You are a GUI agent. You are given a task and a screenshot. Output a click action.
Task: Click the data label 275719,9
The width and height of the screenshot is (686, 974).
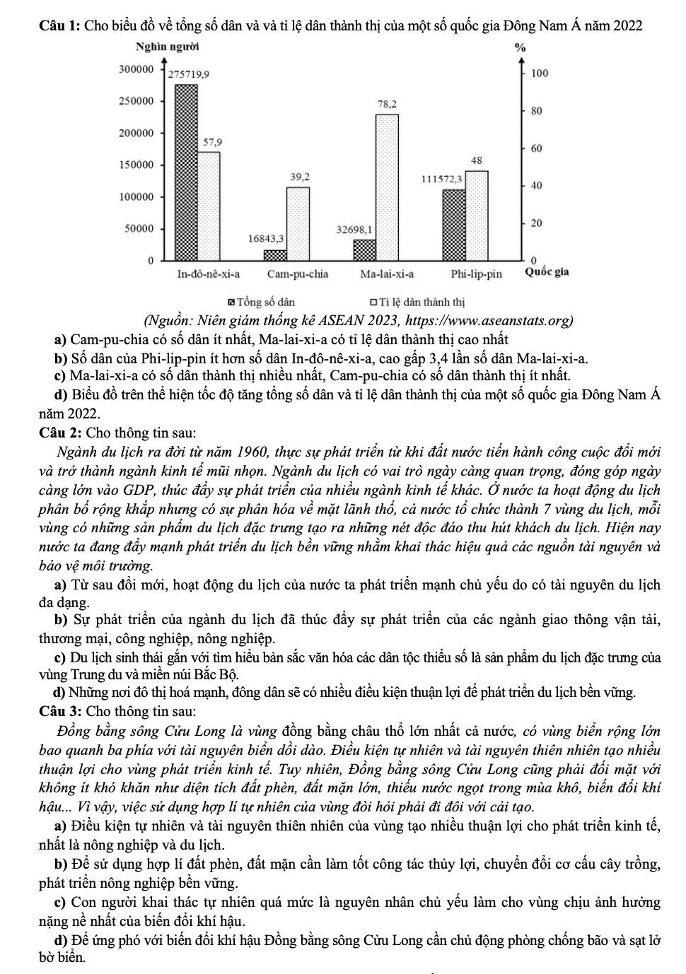[187, 74]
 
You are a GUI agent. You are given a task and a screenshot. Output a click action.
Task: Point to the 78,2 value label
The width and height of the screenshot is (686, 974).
[388, 103]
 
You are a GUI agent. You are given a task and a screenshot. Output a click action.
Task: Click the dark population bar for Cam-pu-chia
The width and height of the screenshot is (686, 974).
[276, 255]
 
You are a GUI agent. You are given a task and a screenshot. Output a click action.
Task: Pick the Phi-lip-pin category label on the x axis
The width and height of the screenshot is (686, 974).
[477, 274]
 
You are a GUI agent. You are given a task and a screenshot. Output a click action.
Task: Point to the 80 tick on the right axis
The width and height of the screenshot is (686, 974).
[536, 111]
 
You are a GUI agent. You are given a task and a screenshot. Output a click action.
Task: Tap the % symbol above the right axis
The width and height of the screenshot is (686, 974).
[521, 49]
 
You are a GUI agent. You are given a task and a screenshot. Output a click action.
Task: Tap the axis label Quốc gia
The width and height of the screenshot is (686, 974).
[547, 272]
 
